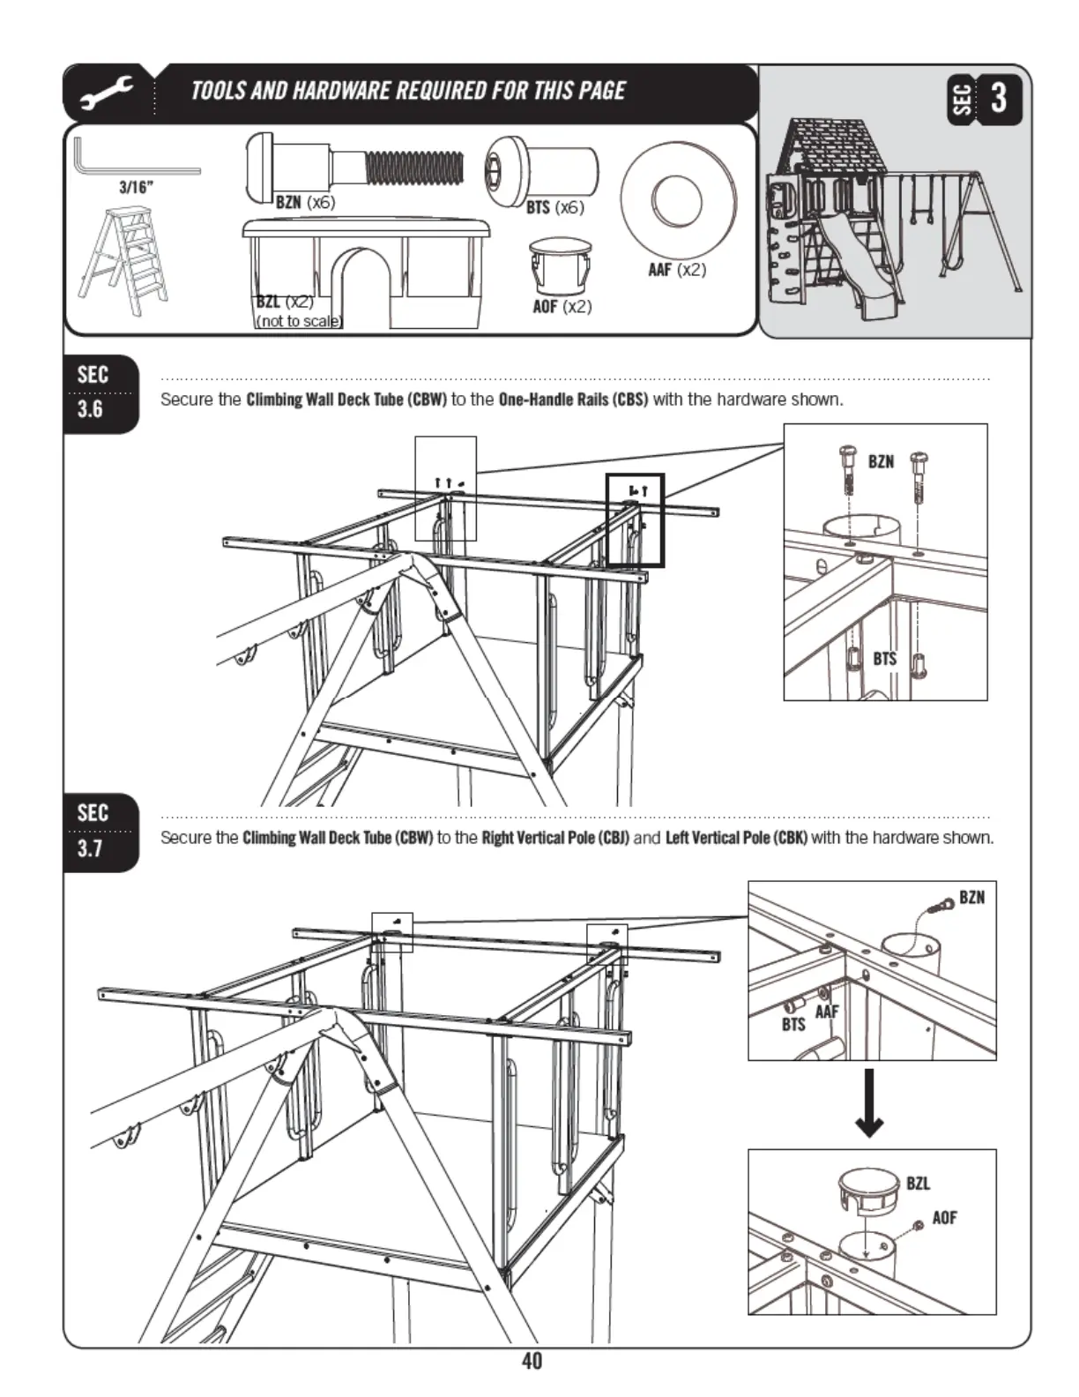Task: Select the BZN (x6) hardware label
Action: coord(305,202)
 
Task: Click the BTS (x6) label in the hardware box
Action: coord(554,208)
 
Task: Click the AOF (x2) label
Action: coord(562,307)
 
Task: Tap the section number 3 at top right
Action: coord(998,97)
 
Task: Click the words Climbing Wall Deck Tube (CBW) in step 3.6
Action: coord(346,400)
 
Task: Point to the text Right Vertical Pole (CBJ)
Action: coord(555,838)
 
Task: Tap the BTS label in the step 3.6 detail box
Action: coord(884,659)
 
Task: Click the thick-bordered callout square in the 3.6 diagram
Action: coord(635,520)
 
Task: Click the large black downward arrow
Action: coord(870,1103)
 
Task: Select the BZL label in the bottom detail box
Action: coord(918,1184)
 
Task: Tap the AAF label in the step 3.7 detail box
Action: coord(826,1012)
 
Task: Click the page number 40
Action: coord(532,1362)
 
